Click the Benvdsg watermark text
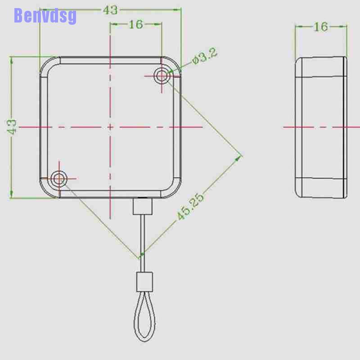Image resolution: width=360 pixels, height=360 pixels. (45, 15)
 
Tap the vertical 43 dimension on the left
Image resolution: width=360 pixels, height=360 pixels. (12, 126)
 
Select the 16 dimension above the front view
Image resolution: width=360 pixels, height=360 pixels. (135, 24)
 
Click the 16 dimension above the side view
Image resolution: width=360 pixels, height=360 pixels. (320, 27)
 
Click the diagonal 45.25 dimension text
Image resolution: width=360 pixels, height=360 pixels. (190, 207)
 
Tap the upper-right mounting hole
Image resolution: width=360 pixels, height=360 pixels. (162, 76)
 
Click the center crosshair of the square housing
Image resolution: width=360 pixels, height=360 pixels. (110, 127)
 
